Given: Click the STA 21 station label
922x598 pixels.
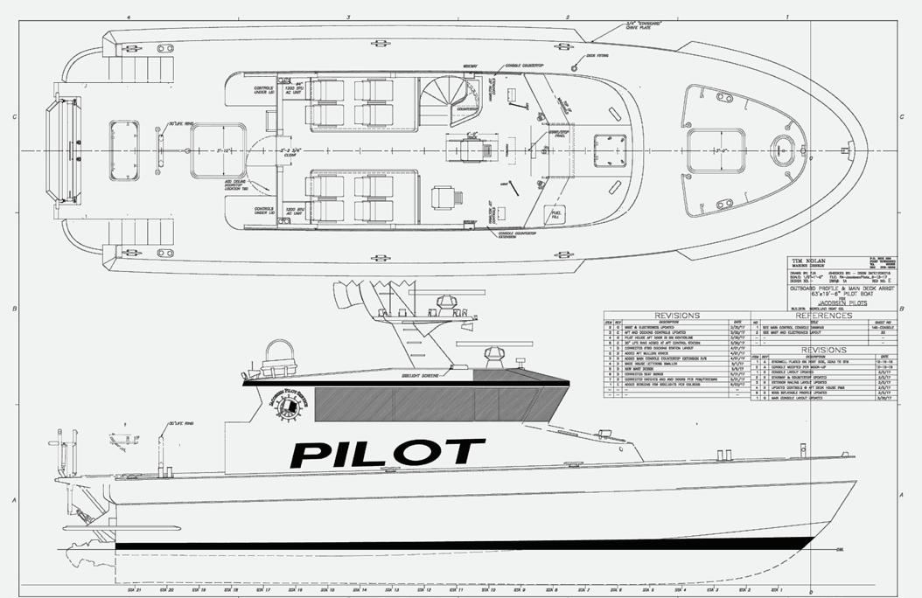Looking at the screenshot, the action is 132,589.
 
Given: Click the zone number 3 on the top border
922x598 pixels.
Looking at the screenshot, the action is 348,17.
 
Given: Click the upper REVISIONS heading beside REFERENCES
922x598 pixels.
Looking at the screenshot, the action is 676,315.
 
